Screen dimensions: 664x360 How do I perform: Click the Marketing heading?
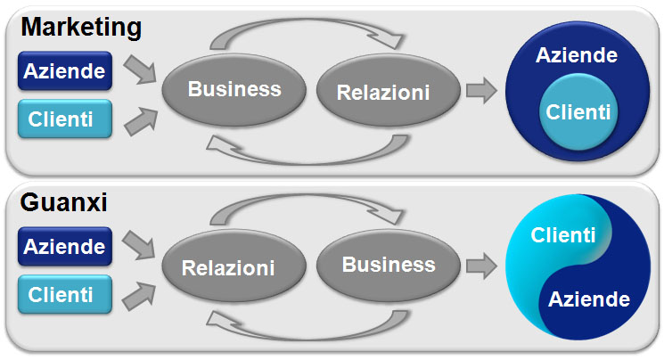[x=81, y=28]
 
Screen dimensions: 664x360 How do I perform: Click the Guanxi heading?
[x=63, y=202]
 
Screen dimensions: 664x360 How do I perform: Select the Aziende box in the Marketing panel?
[x=65, y=70]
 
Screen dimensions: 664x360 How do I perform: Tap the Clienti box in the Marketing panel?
[x=65, y=119]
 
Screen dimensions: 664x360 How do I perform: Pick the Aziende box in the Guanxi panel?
[x=65, y=247]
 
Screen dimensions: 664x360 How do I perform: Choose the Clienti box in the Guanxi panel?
[x=65, y=294]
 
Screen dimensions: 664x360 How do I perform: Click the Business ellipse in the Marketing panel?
[x=234, y=89]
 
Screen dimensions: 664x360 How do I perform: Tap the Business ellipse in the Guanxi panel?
[x=388, y=266]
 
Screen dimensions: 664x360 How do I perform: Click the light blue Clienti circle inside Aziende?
[x=578, y=111]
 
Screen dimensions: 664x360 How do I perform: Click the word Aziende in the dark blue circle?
[x=577, y=55]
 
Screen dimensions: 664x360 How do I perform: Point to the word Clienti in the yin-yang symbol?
[x=562, y=235]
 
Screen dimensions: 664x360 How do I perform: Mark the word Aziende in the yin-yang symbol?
[x=588, y=299]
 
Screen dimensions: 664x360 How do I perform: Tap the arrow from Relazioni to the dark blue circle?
[x=481, y=90]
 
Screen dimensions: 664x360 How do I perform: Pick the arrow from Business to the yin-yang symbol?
[x=481, y=266]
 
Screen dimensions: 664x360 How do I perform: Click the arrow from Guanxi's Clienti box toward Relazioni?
[x=140, y=296]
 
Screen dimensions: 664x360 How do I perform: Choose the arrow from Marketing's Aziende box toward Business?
[x=141, y=69]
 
